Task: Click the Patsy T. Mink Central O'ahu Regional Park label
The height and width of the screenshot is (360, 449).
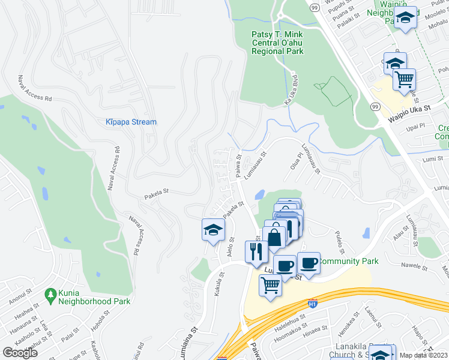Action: [277, 43]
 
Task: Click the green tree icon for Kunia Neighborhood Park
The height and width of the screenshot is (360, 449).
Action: [50, 294]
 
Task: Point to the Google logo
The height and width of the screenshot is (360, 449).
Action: [20, 352]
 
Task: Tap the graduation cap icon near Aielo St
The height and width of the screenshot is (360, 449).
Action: [212, 230]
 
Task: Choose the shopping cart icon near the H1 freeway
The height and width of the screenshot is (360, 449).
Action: [270, 286]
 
